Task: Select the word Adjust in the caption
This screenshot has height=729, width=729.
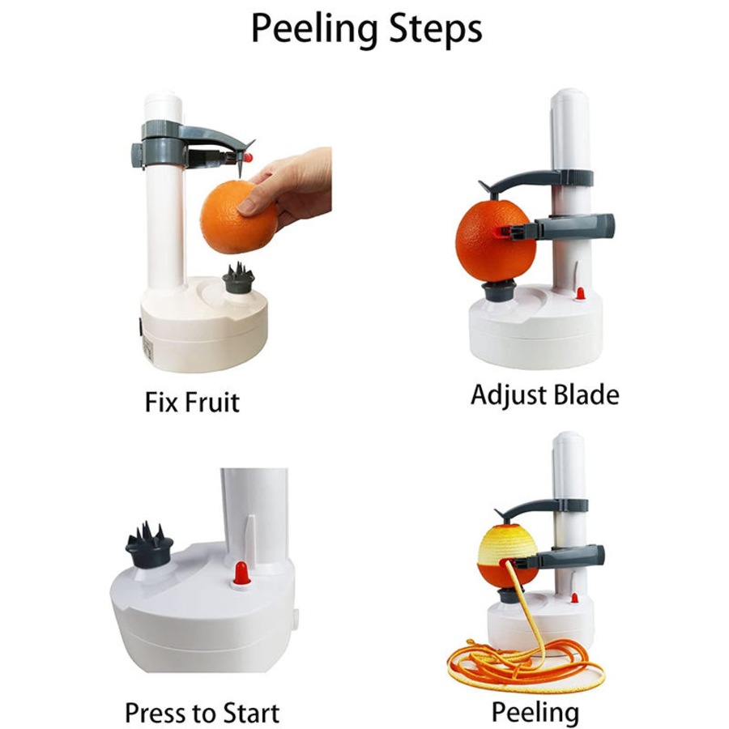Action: pyautogui.click(x=509, y=395)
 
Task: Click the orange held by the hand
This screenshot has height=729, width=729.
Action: pyautogui.click(x=231, y=215)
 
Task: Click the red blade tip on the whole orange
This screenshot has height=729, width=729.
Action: pyautogui.click(x=510, y=232)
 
